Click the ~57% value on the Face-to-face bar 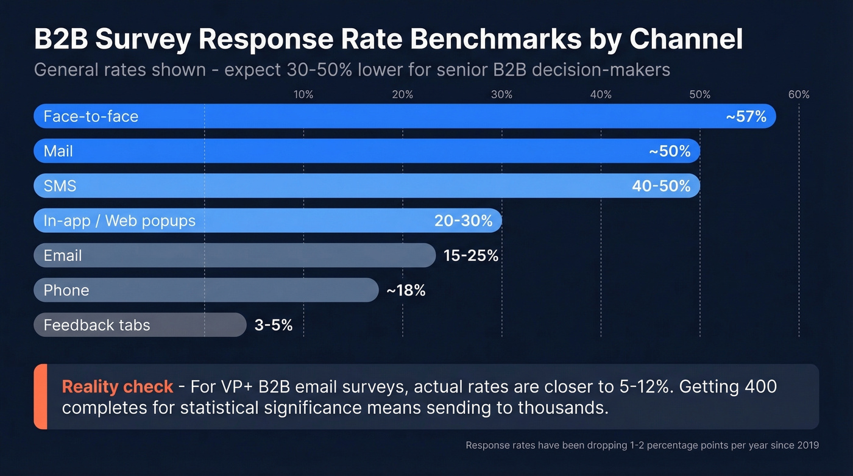(746, 116)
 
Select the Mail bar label (58, 151)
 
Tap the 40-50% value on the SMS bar (661, 186)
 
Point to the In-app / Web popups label (119, 221)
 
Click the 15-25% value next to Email (471, 256)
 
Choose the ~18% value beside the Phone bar (406, 291)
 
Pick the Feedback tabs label (96, 325)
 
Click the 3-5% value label (274, 325)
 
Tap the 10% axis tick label (303, 94)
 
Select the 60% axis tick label (799, 94)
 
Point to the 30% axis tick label (501, 94)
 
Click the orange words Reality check (118, 386)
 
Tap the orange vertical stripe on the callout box (40, 397)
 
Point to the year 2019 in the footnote (808, 446)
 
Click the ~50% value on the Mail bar (670, 151)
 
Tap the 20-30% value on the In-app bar (463, 221)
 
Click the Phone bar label (66, 291)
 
